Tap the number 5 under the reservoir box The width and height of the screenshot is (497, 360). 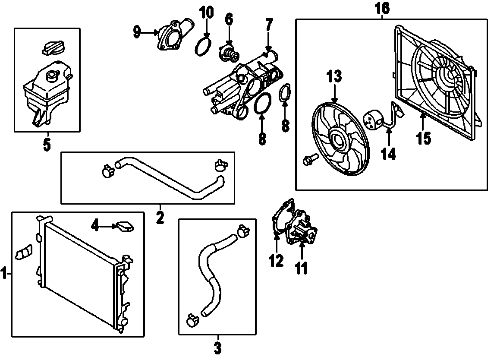tap(47, 144)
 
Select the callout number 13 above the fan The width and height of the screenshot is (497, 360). tap(334, 77)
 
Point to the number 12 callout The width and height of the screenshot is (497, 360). tap(277, 260)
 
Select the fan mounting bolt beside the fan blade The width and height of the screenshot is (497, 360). tap(310, 160)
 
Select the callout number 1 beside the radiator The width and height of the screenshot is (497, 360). tap(5, 273)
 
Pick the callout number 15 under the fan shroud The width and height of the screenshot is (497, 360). tap(424, 138)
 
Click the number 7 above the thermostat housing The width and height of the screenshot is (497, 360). tap(269, 25)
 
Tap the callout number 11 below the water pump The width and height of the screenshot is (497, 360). tap(301, 268)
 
